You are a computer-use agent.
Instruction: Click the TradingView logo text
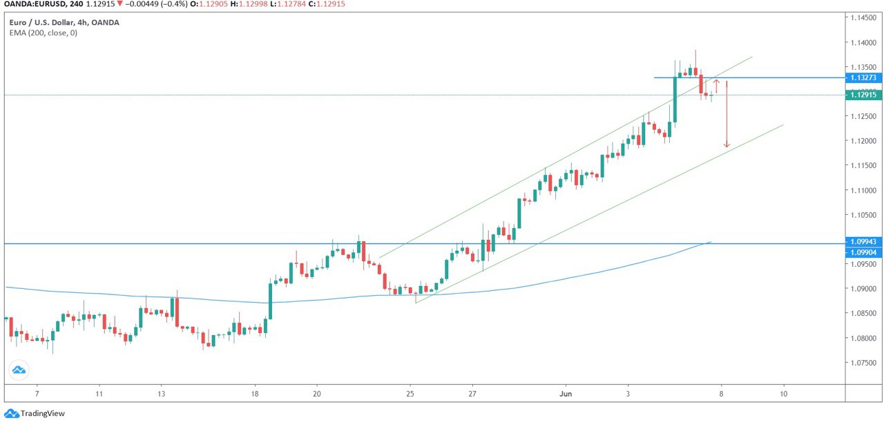pos(43,413)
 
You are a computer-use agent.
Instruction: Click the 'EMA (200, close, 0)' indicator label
pos(44,32)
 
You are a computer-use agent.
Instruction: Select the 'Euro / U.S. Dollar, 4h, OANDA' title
pos(64,22)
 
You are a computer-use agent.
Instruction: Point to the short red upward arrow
pos(716,86)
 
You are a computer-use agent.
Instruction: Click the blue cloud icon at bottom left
pos(19,370)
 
